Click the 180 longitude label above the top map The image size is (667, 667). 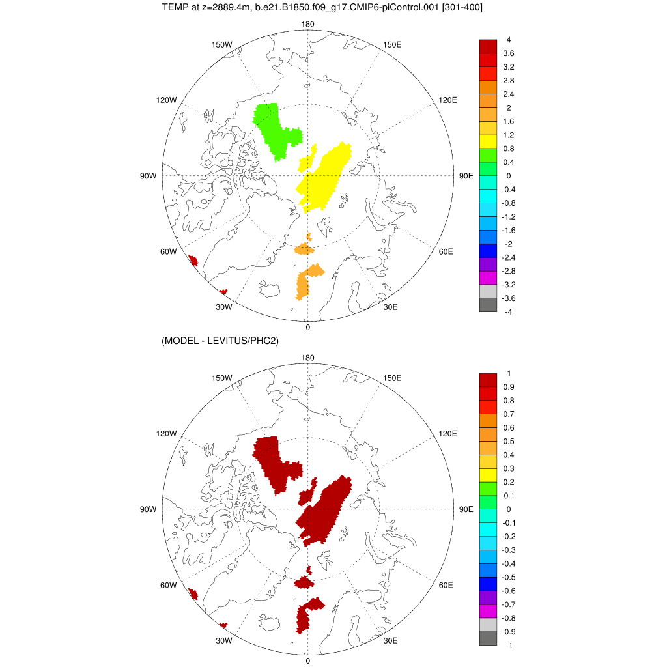308,25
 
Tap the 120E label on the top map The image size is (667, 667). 447,100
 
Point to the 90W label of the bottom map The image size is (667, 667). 149,509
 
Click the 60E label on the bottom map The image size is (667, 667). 446,585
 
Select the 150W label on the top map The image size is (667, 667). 223,44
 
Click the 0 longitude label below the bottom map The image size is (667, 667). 307,661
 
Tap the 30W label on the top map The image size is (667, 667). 224,307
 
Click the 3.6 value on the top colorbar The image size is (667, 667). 509,53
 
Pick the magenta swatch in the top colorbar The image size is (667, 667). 488,278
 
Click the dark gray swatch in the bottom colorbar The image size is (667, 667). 488,638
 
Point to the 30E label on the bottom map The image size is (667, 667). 391,641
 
